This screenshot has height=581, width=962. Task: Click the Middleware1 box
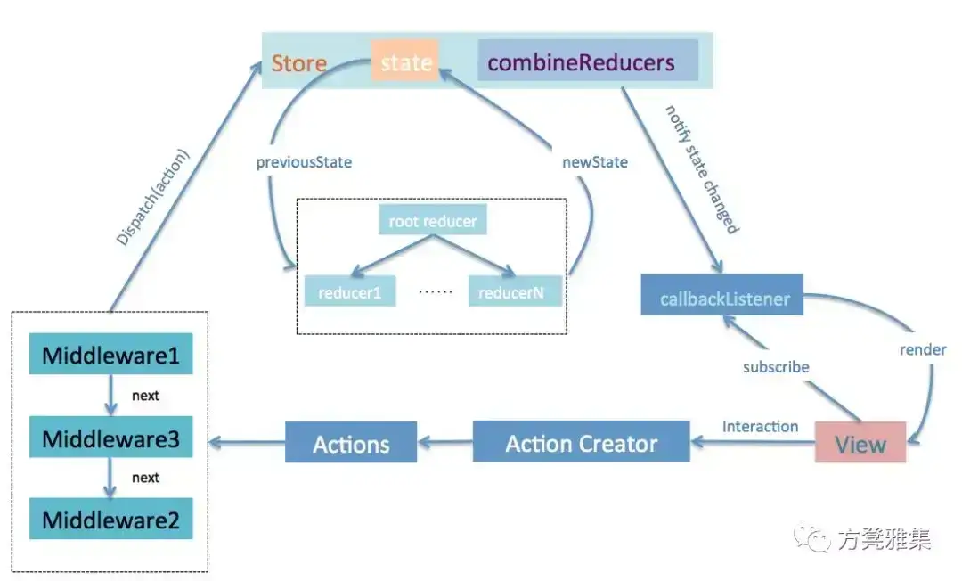click(x=110, y=354)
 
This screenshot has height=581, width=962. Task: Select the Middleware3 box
click(x=110, y=437)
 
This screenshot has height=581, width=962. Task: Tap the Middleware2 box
click(x=110, y=519)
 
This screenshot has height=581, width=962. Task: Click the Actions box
click(x=351, y=442)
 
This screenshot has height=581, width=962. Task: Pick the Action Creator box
click(x=581, y=442)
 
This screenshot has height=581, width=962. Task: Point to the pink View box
click(x=860, y=442)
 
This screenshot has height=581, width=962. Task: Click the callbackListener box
click(x=722, y=294)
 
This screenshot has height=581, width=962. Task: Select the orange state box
click(x=405, y=61)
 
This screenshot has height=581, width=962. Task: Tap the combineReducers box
click(x=588, y=60)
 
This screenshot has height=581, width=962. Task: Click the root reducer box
click(x=433, y=219)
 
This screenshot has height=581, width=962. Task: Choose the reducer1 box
click(x=350, y=290)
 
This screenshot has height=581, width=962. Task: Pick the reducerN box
click(x=515, y=290)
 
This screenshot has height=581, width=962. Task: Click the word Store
click(x=298, y=63)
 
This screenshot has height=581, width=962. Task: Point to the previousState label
click(x=304, y=162)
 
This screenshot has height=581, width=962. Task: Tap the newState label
click(x=594, y=162)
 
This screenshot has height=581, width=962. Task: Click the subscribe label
click(x=776, y=367)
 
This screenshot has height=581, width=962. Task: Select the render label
click(x=923, y=349)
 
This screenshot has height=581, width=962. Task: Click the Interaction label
click(x=760, y=427)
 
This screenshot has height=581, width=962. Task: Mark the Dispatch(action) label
click(x=153, y=198)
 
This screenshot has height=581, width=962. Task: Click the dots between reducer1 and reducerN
click(x=435, y=292)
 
